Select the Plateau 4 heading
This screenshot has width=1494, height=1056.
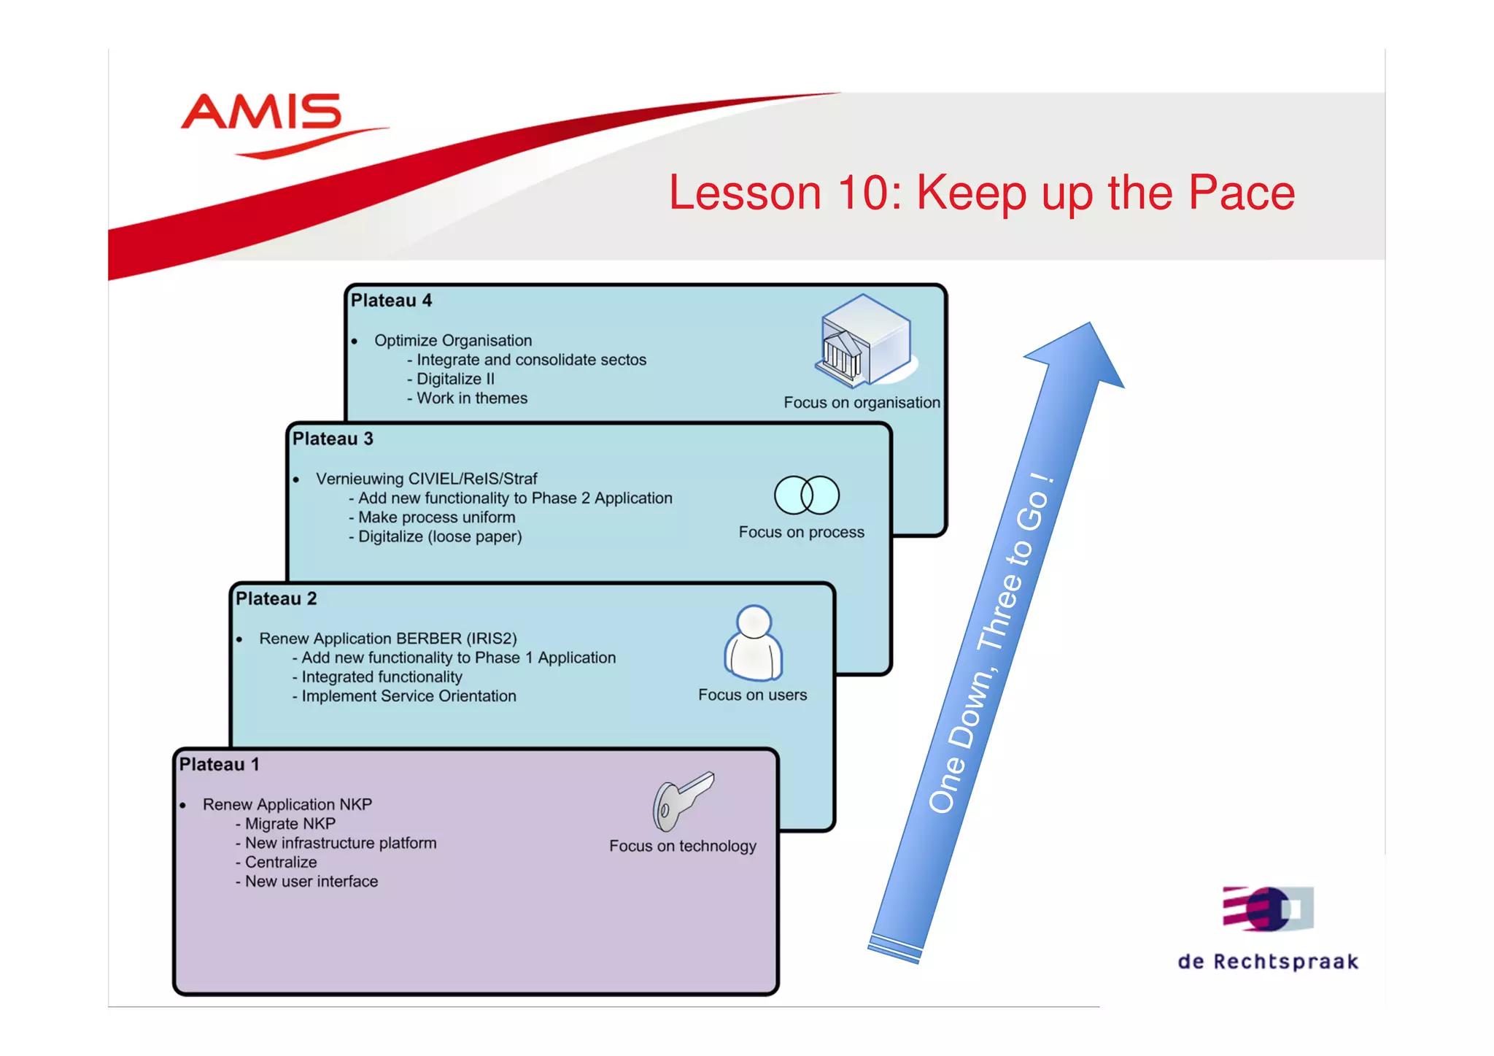click(x=391, y=301)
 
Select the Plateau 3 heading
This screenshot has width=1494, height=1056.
click(x=333, y=439)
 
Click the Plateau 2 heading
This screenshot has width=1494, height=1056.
click(x=276, y=598)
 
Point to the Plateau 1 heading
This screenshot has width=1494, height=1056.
click(x=219, y=764)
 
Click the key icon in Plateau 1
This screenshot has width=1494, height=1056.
click(x=682, y=801)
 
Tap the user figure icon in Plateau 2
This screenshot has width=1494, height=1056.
click(x=754, y=643)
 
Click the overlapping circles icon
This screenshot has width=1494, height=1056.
click(x=806, y=495)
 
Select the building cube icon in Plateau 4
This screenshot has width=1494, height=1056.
click(x=864, y=340)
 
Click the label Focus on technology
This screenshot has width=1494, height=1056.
click(x=682, y=846)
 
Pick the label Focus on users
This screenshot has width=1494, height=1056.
click(x=752, y=695)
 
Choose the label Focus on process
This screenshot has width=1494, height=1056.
click(x=801, y=532)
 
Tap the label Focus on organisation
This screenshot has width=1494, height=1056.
click(x=862, y=402)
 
